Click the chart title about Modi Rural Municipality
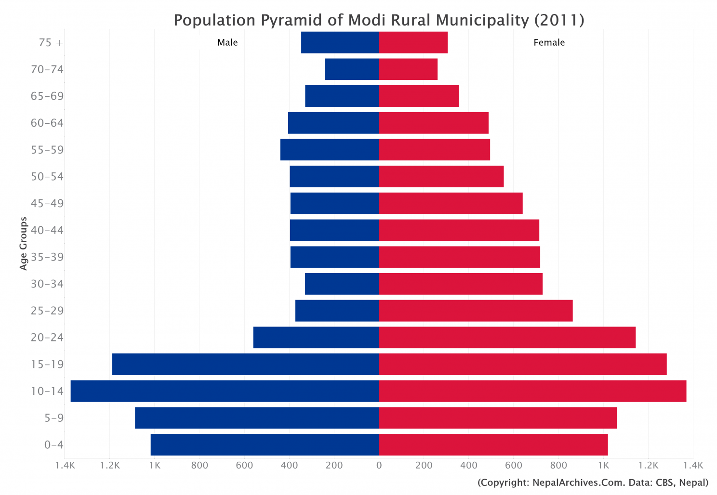click(x=379, y=20)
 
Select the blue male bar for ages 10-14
click(x=225, y=391)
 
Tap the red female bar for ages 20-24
click(x=507, y=337)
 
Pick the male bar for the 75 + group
click(x=340, y=42)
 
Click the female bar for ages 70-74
click(x=408, y=69)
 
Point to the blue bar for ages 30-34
click(x=342, y=284)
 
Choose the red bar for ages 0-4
click(x=493, y=444)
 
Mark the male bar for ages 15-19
click(x=245, y=364)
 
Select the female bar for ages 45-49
click(x=451, y=203)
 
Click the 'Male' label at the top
click(x=227, y=42)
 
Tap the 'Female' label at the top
click(x=549, y=42)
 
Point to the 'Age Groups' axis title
click(x=24, y=243)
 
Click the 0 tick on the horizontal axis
click(x=379, y=465)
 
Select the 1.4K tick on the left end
click(x=65, y=465)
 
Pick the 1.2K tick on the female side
click(x=648, y=465)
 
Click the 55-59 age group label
click(x=47, y=150)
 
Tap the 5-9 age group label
click(x=54, y=418)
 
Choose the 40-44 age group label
click(x=47, y=230)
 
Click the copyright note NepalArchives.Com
click(x=593, y=482)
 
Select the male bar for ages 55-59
click(x=330, y=150)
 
